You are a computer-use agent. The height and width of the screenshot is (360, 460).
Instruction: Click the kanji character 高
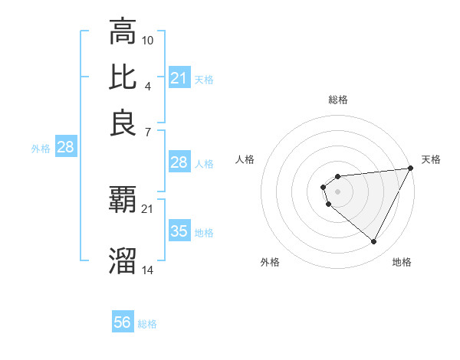[x=123, y=31]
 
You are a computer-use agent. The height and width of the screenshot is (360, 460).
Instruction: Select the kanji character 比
[x=123, y=77]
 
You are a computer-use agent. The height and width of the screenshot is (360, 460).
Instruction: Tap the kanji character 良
[x=123, y=123]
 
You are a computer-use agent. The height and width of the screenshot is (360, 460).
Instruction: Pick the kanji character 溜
[x=123, y=261]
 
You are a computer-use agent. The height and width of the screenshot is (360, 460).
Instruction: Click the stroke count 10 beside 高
[x=148, y=39]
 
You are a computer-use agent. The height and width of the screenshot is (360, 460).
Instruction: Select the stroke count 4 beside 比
[x=148, y=85]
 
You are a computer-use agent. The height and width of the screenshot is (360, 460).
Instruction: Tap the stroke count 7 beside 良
[x=148, y=131]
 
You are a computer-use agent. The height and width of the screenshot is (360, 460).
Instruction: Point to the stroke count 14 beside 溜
[x=148, y=270]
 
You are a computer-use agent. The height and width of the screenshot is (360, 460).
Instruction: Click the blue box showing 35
[x=179, y=231]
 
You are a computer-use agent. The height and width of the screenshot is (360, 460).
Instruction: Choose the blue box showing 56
[x=123, y=322]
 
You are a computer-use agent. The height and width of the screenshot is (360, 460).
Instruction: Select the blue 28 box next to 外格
[x=65, y=148]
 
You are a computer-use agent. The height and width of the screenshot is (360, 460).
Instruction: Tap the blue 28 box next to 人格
[x=179, y=162]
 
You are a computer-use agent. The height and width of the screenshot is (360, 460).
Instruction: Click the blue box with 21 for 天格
[x=179, y=77]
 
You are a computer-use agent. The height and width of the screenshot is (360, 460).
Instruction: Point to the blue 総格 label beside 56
[x=147, y=324]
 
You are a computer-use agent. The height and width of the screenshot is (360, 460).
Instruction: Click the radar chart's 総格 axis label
[x=337, y=100]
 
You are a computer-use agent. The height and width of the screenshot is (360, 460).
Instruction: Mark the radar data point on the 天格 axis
[x=410, y=169]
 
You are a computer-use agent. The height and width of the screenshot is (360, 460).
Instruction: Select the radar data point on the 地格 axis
[x=374, y=242]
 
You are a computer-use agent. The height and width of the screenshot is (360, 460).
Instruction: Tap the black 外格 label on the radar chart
[x=270, y=262]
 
